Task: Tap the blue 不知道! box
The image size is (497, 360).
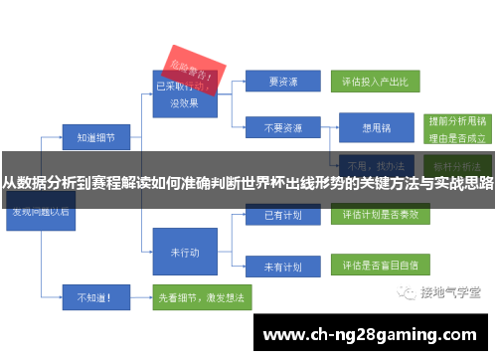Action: pyautogui.click(x=94, y=295)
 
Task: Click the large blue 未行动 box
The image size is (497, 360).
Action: pyautogui.click(x=185, y=253)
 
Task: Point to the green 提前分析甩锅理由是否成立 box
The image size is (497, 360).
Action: pyautogui.click(x=456, y=127)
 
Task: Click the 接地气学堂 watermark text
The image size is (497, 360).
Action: pyautogui.click(x=450, y=292)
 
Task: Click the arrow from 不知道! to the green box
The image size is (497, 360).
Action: pyautogui.click(x=139, y=295)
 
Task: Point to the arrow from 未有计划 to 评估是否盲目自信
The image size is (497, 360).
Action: pyautogui.click(x=325, y=267)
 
